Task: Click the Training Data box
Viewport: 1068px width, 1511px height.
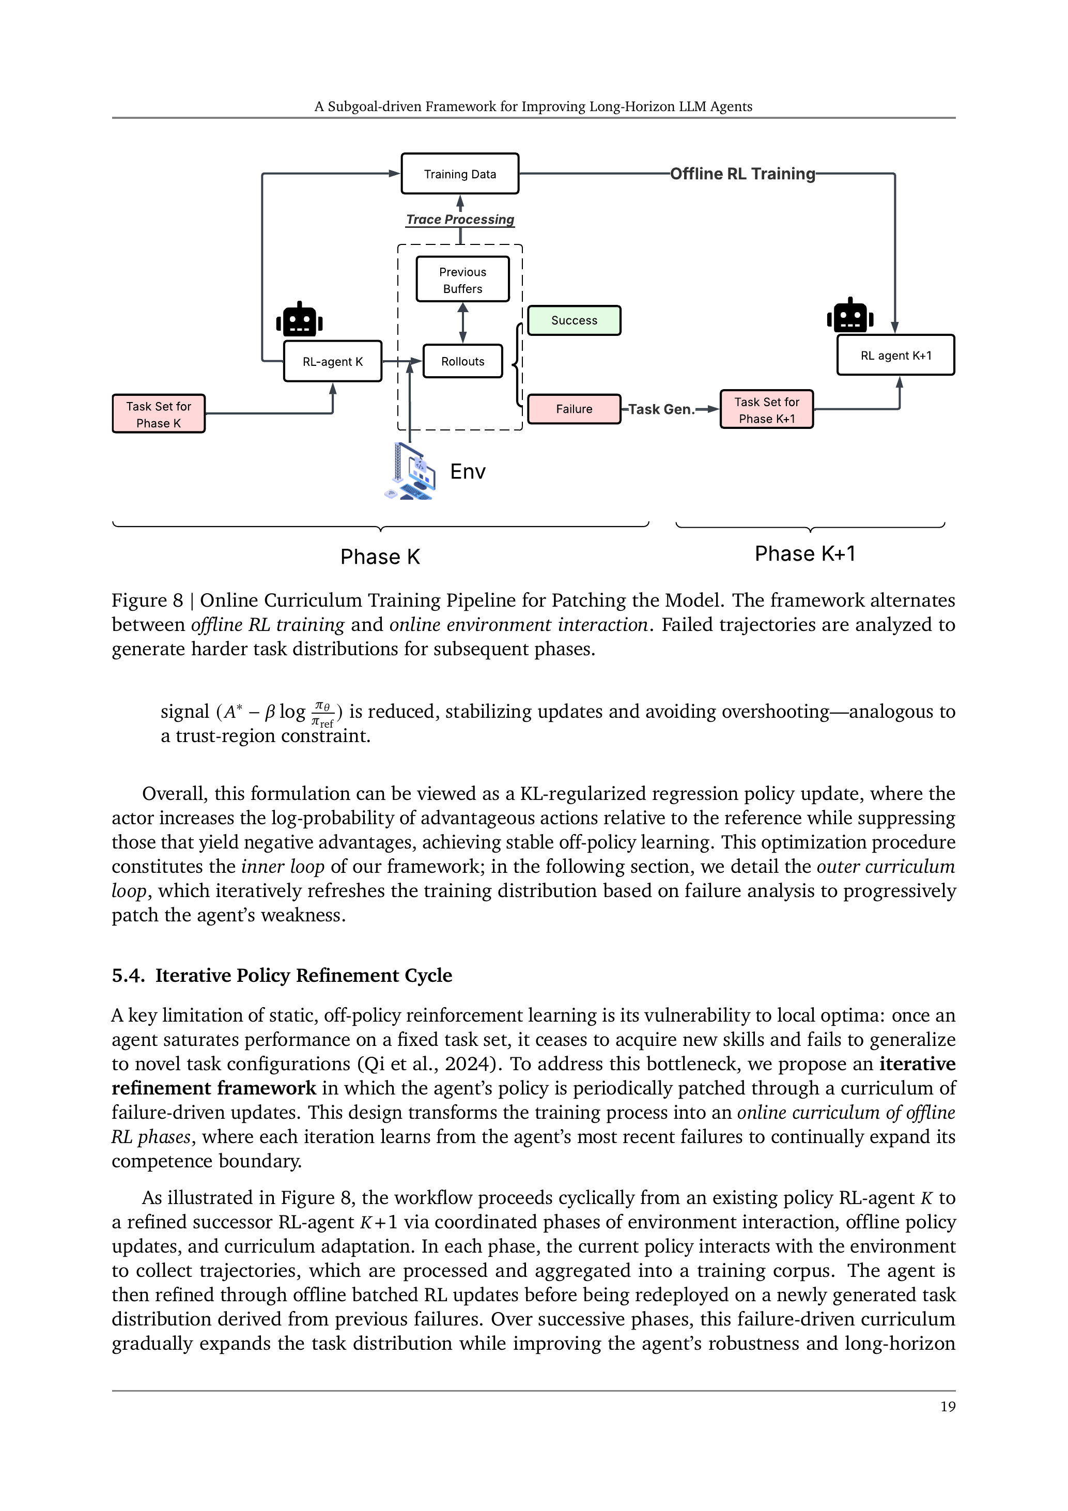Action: coord(460,174)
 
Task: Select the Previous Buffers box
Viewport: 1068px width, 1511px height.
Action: coord(462,280)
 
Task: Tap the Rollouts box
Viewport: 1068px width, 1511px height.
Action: coord(462,361)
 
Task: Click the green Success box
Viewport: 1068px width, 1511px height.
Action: coord(574,320)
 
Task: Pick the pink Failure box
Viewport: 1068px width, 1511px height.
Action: coord(574,409)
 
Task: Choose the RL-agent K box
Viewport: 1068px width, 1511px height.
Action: coord(332,361)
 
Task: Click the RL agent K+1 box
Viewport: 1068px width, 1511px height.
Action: coord(895,356)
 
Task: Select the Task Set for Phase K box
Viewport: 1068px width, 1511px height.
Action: coord(159,414)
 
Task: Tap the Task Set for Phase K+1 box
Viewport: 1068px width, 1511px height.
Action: coord(767,409)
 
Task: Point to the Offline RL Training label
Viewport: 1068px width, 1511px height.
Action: coord(742,174)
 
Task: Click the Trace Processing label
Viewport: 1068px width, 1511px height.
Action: coord(460,219)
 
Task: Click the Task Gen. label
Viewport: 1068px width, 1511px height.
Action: coord(661,409)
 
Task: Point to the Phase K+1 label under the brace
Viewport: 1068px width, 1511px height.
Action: coord(805,553)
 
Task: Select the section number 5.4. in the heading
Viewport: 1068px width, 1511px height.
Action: coord(128,975)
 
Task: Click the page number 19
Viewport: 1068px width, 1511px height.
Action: coord(948,1407)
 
